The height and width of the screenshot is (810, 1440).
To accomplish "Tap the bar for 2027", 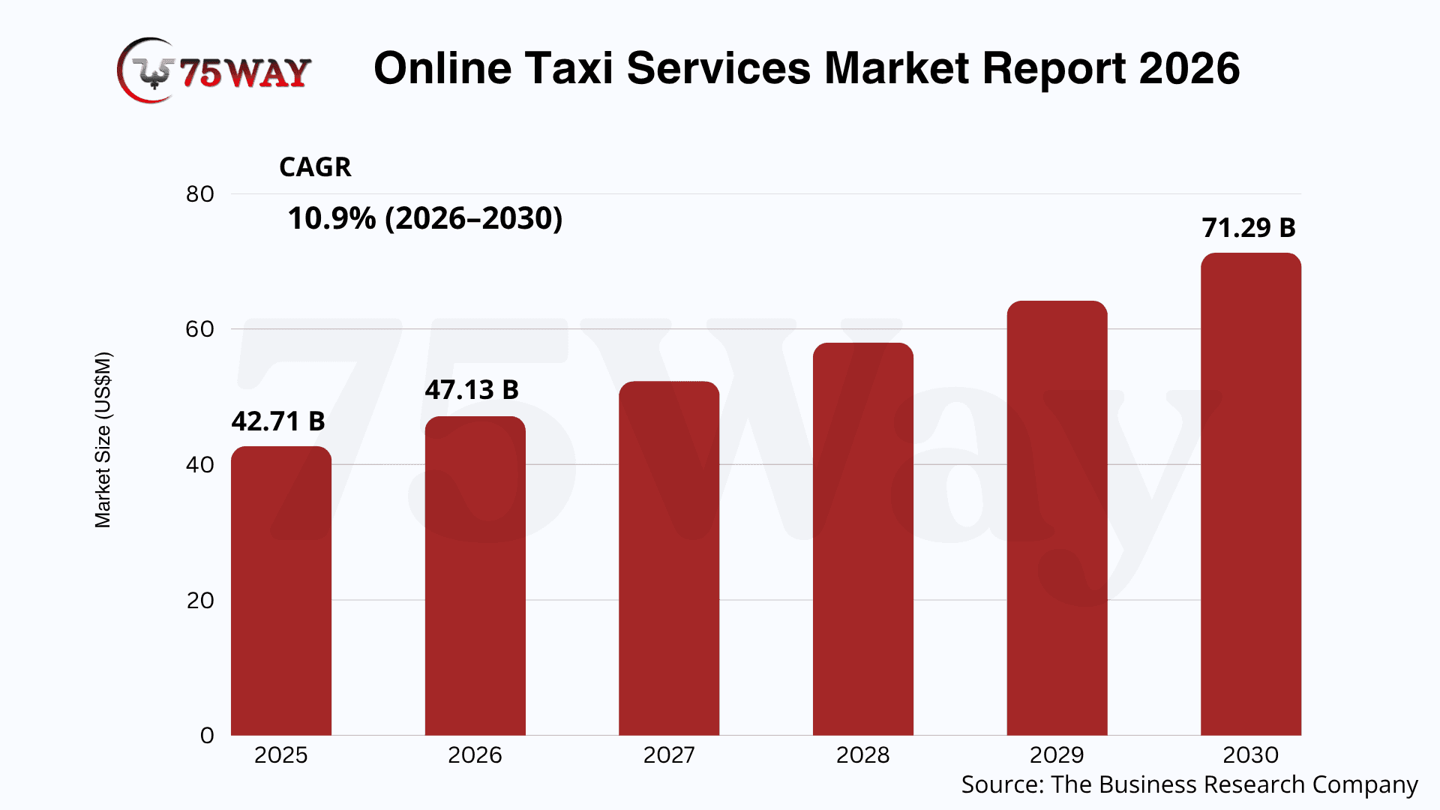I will [x=669, y=559].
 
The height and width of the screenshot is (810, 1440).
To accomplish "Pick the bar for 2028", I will [x=862, y=539].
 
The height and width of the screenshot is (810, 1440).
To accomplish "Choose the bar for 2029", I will [x=1057, y=518].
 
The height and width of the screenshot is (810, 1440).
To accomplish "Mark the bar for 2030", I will [x=1250, y=494].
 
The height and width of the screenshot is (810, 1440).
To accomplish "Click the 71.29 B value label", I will [x=1249, y=228].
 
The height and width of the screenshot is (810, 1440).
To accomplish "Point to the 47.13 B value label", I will [x=472, y=390].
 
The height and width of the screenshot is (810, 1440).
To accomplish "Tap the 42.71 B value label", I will [x=278, y=421].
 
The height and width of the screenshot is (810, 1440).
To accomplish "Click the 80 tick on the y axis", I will [x=200, y=194].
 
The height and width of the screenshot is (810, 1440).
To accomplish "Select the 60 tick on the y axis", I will [x=200, y=329].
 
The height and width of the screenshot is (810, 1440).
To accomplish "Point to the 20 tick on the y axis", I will [x=200, y=600].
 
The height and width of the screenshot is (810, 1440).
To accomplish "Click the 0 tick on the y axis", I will [x=207, y=735].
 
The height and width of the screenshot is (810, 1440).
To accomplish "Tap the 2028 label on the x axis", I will [x=862, y=754].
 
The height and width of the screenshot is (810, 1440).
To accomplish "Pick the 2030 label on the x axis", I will [x=1250, y=754].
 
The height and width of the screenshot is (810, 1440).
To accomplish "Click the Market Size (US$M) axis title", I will [x=103, y=439].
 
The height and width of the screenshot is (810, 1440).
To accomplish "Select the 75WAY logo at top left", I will [x=214, y=70].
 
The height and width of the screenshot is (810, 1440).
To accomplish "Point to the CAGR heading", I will [x=315, y=167].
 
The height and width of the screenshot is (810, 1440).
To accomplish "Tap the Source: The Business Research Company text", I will [x=1189, y=784].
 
